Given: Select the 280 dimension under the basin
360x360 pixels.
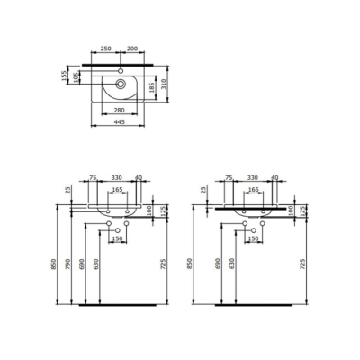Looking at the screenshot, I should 113,110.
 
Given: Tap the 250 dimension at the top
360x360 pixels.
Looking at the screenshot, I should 106,46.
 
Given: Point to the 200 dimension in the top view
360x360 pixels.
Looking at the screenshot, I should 131,46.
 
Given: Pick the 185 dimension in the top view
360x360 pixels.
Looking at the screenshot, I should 150,88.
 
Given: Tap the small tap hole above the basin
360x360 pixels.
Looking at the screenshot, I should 121,67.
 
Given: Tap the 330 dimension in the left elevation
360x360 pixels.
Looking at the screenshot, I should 115,179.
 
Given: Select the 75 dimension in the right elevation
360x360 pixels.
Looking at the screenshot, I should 229,179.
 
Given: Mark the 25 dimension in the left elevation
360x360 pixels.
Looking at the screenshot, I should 67,191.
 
